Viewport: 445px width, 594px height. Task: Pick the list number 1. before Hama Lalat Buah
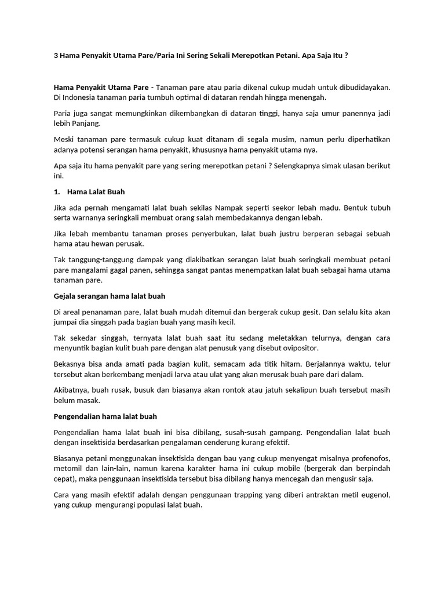57,191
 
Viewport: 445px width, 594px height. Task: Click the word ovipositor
296,348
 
